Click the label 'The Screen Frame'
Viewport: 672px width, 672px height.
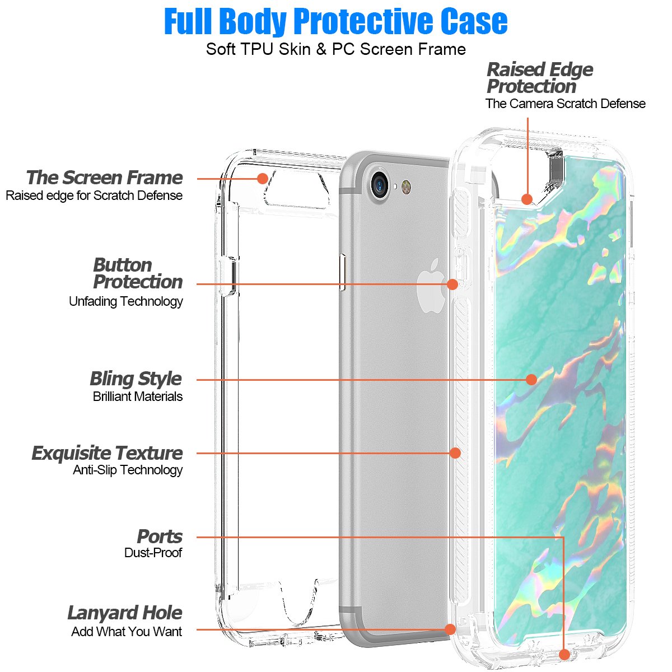(x=105, y=178)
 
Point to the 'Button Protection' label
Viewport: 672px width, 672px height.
(x=138, y=273)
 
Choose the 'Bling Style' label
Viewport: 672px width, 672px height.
(x=136, y=379)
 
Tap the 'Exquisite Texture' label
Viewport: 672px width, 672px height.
(x=108, y=452)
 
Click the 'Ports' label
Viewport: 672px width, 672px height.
(x=160, y=536)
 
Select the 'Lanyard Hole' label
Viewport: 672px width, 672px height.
(x=125, y=613)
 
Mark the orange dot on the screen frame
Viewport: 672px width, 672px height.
(x=262, y=179)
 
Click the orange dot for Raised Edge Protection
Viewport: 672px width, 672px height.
(x=527, y=199)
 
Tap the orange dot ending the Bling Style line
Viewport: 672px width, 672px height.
(x=531, y=380)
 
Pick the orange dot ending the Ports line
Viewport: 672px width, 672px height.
(x=564, y=654)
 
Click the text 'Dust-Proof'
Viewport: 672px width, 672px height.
(x=153, y=553)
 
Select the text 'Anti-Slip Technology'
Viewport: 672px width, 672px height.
(x=128, y=470)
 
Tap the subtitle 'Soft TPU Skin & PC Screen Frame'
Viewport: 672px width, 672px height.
(x=336, y=49)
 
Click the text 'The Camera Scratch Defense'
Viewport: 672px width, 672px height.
(x=566, y=104)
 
